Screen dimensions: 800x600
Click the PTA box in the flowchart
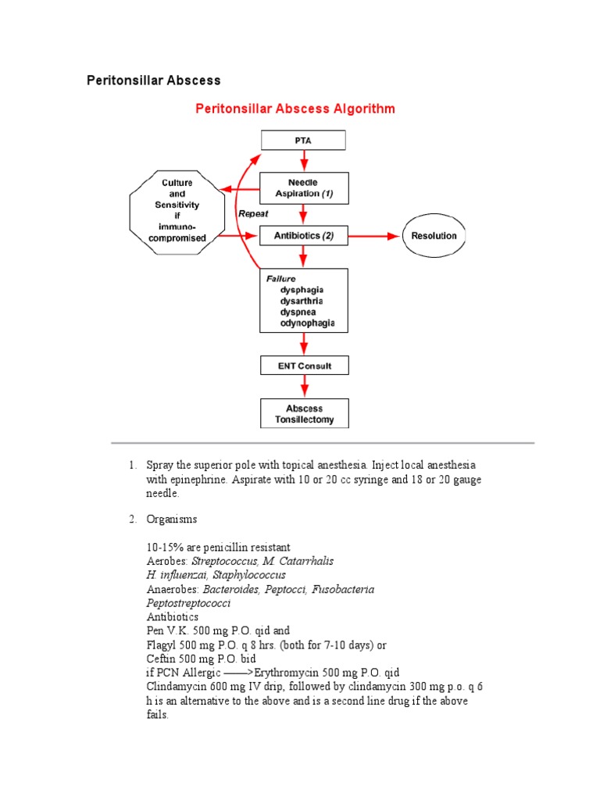tap(304, 141)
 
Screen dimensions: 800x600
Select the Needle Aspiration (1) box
tap(304, 187)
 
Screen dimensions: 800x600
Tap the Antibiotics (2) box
tap(304, 236)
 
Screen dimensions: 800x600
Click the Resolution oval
tap(434, 236)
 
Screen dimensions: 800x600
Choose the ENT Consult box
tap(304, 365)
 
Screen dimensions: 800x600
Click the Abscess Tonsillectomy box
tap(304, 413)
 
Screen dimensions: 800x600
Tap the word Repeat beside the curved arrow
tap(253, 212)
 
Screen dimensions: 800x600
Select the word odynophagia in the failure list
tap(308, 323)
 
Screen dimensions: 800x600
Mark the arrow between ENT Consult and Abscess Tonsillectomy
tap(304, 387)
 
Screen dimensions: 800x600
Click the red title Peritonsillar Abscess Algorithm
tap(295, 109)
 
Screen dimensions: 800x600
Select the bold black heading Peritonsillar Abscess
tap(153, 80)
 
